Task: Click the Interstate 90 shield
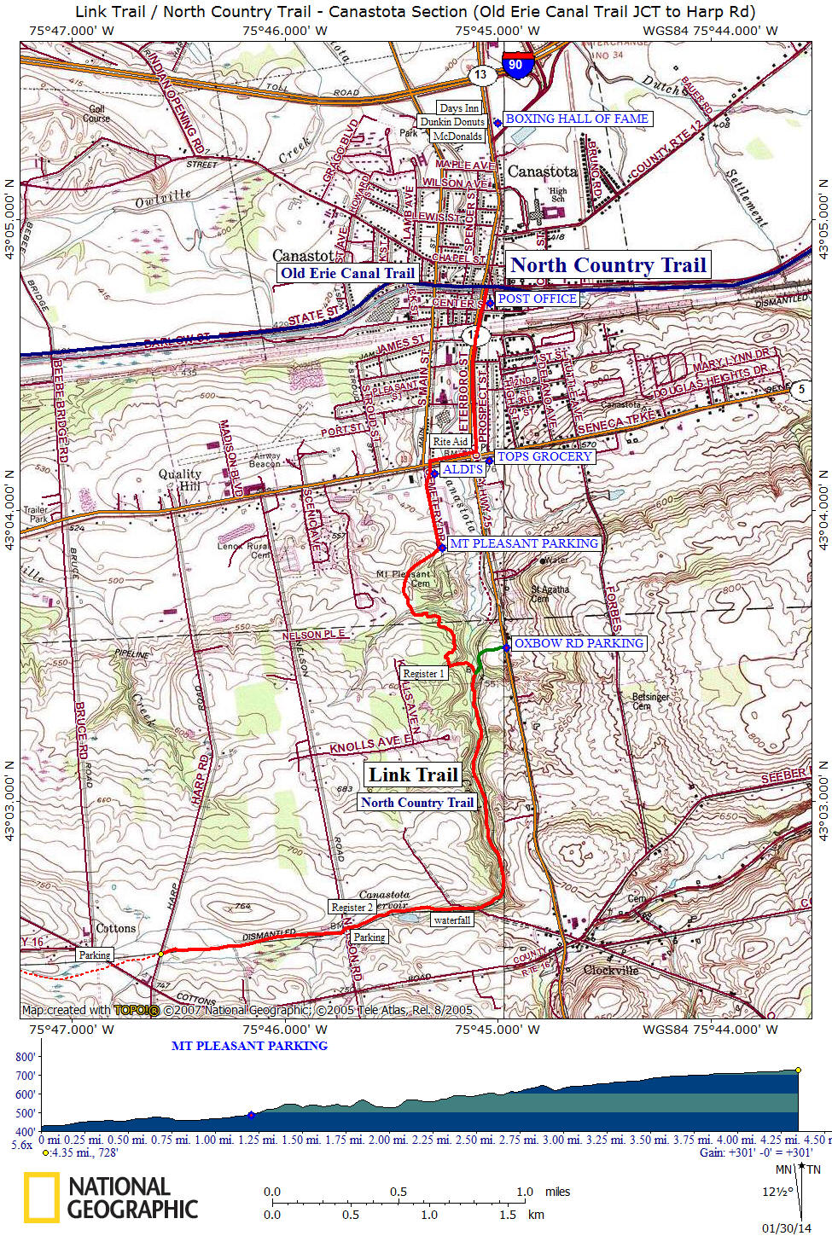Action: click(515, 66)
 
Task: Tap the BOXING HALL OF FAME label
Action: click(577, 119)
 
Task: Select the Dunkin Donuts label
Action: click(451, 122)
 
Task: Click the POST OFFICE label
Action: click(537, 299)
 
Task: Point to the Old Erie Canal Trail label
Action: click(347, 274)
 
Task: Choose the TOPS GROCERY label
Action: click(544, 456)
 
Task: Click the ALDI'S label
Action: click(463, 469)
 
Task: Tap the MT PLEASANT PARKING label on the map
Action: click(523, 543)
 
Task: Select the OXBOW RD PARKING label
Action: click(579, 643)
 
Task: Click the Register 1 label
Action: click(424, 674)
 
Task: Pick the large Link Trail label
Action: click(413, 775)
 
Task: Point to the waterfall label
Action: click(451, 920)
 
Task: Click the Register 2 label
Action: click(352, 908)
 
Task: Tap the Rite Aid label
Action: click(450, 441)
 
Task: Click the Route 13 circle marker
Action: click(481, 74)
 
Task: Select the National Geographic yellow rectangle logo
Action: click(41, 1197)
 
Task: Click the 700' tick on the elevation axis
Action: click(26, 1076)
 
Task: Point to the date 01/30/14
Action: click(786, 1228)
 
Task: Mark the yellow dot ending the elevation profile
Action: click(798, 1070)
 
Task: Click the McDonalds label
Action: click(457, 136)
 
